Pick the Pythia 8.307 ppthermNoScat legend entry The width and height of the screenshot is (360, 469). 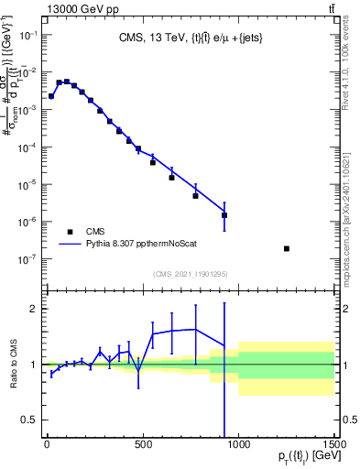[147, 245]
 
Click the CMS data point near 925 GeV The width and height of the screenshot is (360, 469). [224, 215]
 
